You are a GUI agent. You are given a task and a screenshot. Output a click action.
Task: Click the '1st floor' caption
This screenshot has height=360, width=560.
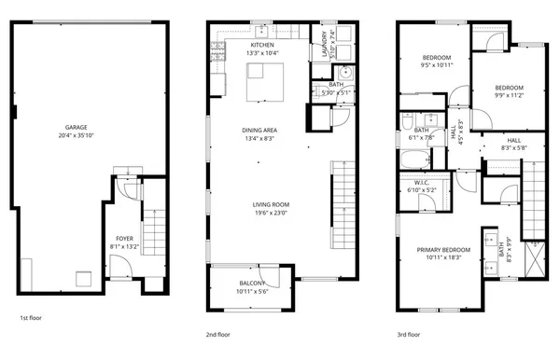point(32,318)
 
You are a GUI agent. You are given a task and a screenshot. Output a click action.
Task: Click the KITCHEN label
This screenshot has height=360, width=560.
point(262,45)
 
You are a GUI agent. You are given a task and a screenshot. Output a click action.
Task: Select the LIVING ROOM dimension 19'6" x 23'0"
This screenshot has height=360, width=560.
point(270,213)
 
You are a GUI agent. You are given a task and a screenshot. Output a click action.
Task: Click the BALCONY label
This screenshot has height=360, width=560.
point(252,284)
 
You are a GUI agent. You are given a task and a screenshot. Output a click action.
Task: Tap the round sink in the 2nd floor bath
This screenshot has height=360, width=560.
point(343,72)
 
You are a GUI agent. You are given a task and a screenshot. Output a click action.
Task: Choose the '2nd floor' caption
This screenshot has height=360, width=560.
point(217,333)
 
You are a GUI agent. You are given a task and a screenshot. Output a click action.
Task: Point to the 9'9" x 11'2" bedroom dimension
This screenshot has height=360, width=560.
point(509,95)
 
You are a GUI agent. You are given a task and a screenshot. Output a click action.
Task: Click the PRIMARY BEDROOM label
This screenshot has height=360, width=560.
point(442,249)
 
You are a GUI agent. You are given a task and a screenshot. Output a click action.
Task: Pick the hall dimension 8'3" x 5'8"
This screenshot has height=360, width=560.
point(514,146)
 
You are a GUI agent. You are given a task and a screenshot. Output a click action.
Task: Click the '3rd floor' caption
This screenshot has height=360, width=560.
point(408,333)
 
